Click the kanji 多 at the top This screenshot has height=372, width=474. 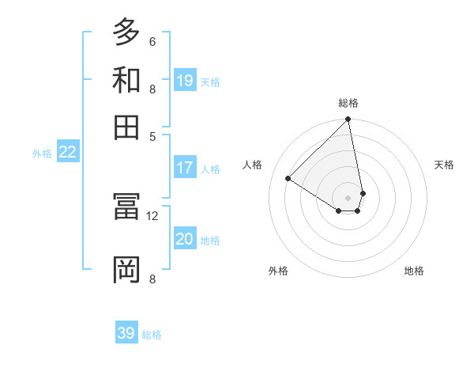(x=126, y=32)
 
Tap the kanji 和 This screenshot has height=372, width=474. (x=126, y=79)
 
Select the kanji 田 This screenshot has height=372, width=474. (x=126, y=126)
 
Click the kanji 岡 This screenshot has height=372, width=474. (x=126, y=269)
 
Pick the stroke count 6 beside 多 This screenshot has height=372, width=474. (x=152, y=41)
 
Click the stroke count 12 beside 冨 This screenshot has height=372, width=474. (x=152, y=215)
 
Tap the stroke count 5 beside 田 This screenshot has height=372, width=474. (x=152, y=135)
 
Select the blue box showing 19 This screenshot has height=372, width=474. (x=185, y=80)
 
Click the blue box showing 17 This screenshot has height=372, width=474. (x=185, y=168)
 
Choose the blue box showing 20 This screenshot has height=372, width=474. (x=185, y=239)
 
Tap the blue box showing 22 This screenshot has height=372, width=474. (x=67, y=152)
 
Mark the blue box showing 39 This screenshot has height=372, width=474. (x=126, y=333)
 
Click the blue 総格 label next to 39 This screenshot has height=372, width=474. (x=152, y=335)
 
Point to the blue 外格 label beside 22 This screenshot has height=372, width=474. (x=41, y=154)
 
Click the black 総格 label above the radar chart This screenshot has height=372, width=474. (x=348, y=103)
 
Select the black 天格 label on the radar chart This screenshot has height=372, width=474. (x=444, y=165)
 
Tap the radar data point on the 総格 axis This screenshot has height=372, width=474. (x=348, y=120)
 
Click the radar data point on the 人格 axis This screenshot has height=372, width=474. (x=288, y=179)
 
